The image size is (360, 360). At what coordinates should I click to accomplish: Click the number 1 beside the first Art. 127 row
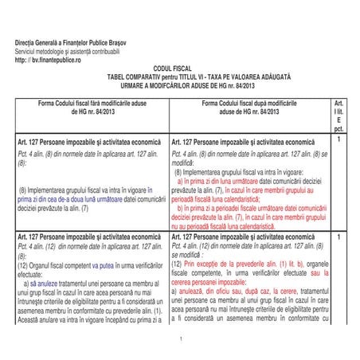coord(338,141)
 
